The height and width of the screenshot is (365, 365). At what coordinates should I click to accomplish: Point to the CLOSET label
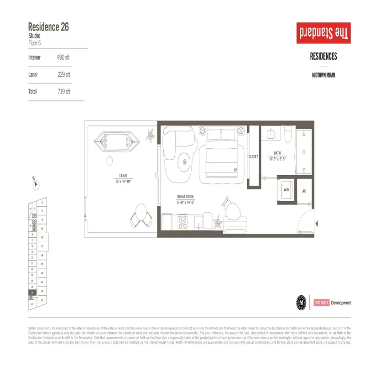point(253,156)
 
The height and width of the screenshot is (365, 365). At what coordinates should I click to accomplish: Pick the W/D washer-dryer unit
point(287,189)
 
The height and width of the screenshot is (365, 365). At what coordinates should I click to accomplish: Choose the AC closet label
point(304,191)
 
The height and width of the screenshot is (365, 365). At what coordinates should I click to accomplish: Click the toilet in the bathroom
point(288,136)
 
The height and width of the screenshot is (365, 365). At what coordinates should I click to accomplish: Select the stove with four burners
point(183,223)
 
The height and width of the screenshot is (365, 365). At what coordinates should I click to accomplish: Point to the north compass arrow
point(36,183)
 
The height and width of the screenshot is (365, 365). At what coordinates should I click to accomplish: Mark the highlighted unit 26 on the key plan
point(32,292)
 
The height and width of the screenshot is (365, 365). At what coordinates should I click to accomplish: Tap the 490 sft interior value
point(63,57)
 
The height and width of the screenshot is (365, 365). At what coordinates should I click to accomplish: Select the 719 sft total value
point(63,91)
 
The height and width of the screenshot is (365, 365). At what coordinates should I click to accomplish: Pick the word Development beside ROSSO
point(341,302)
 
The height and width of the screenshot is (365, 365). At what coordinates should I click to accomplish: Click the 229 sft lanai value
point(63,74)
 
